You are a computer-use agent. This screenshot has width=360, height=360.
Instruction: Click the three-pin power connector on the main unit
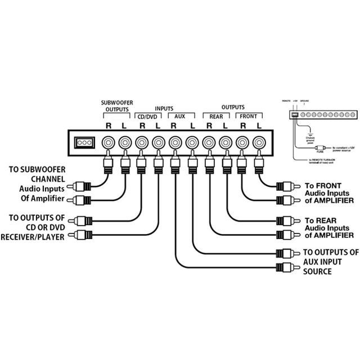[x=84, y=143]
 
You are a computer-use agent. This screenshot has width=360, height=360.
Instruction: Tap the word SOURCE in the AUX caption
[x=318, y=272]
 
